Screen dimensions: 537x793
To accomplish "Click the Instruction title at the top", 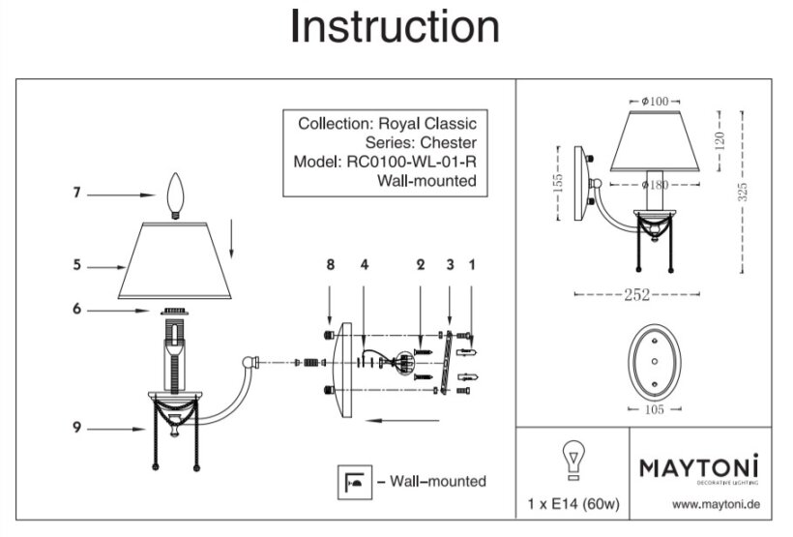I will point(395,29).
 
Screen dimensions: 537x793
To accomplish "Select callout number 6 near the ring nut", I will point(75,310).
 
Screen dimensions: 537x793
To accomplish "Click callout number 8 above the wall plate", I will point(330,263).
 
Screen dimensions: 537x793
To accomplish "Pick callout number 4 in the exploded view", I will point(364,263).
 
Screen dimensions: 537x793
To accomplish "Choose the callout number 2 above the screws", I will point(421,263).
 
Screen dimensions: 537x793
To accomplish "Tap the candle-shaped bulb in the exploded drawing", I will point(175,194).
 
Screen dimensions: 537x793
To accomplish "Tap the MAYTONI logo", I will point(698,468).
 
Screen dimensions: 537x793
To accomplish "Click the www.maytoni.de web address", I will point(713,505).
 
